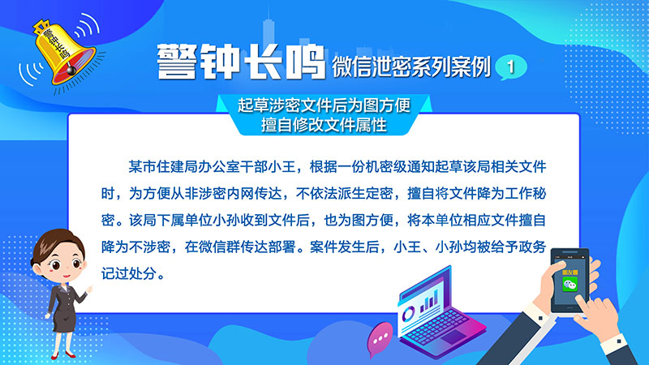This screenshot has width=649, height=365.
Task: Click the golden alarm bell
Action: pos(62,52)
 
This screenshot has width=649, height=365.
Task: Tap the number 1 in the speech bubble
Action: pos(511,67)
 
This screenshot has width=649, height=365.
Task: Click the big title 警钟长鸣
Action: pos(240,62)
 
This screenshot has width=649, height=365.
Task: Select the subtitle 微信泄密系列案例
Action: pos(411,67)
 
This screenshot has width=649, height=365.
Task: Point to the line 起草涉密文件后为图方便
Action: pos(324,105)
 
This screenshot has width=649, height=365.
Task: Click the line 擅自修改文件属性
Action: pos(324,125)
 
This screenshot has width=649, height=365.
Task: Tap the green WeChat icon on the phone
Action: pos(570,284)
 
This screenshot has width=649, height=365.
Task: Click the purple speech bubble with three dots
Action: pos(379,339)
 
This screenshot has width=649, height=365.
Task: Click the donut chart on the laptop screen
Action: pos(408,314)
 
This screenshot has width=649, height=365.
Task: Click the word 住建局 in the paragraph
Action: pos(170,167)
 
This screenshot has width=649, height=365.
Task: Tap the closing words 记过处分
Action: pos(129,273)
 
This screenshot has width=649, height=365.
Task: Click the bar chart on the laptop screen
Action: pos(429,301)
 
